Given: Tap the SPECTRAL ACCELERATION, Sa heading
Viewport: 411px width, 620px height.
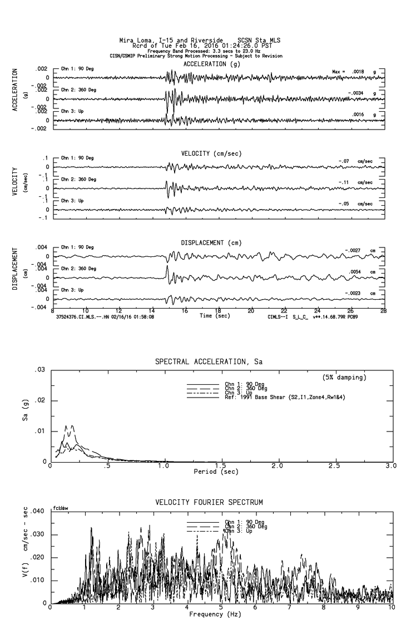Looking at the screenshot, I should (x=209, y=362).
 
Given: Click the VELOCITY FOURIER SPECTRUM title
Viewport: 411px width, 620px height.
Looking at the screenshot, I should (x=210, y=503).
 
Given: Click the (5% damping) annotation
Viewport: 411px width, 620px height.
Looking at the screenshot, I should (x=345, y=378).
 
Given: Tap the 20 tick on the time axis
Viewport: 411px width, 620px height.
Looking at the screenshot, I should (x=251, y=310).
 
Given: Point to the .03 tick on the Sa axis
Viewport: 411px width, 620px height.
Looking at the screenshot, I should (x=40, y=370).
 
